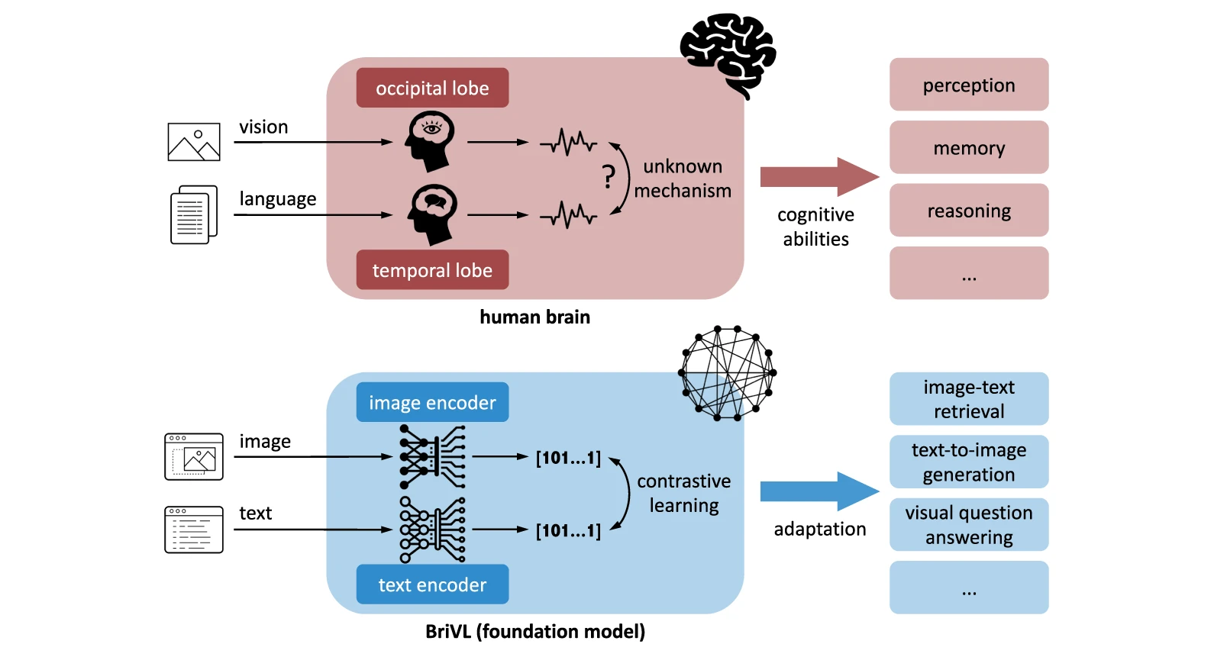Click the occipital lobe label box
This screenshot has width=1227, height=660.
pos(432,88)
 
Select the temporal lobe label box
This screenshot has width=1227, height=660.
pos(432,270)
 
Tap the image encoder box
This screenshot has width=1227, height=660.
pos(432,402)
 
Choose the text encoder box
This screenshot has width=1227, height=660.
pos(432,584)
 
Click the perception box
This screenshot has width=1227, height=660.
pos(968,85)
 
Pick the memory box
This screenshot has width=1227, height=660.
pos(968,147)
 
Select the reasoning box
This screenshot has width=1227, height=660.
pos(968,211)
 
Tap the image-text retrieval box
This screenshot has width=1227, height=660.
pos(968,399)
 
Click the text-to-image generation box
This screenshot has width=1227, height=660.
pos(968,462)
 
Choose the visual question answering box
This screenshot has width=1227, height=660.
pos(968,525)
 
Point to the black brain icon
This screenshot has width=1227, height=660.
pos(728,53)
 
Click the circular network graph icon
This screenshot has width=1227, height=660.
pos(727,373)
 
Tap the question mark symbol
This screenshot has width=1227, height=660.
pos(609,177)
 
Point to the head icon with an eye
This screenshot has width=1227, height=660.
pos(431,140)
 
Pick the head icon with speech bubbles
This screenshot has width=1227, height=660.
pos(432,214)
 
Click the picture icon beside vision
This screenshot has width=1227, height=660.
pos(194,142)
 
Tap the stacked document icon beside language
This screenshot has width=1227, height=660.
pos(194,214)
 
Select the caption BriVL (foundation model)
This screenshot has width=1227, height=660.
pos(534,632)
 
